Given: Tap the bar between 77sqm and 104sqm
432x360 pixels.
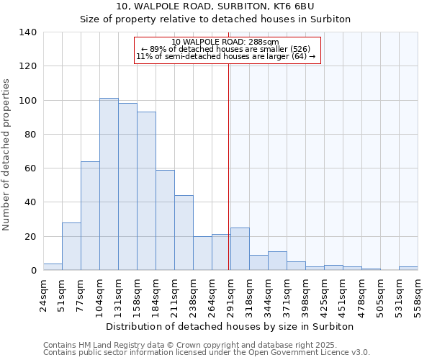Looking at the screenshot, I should click(x=90, y=216).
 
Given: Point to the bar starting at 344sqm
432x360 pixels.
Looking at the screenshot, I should click(x=277, y=261).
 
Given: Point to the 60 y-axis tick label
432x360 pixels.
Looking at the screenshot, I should click(x=31, y=168).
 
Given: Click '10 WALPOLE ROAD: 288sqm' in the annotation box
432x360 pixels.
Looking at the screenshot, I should click(x=225, y=42).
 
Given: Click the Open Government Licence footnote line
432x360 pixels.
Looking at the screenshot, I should click(x=207, y=353).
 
